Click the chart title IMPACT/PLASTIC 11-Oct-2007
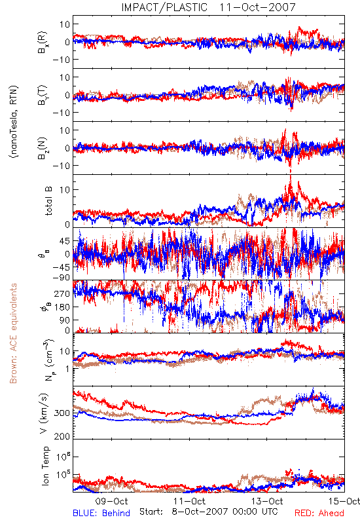tap(208, 7)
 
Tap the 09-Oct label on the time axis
tap(111, 501)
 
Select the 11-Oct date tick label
tap(189, 501)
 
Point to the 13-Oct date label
tap(267, 501)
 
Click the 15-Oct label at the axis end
tap(344, 501)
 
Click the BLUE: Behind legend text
tap(101, 513)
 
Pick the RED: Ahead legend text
tap(319, 513)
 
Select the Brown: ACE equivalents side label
tap(13, 333)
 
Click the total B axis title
tap(48, 201)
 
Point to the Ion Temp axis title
tap(46, 466)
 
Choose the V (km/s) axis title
tap(44, 413)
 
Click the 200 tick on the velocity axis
tap(62, 436)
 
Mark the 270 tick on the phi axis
tap(62, 293)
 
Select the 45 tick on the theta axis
tap(64, 241)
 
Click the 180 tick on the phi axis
tap(62, 307)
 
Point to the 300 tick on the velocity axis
tap(62, 413)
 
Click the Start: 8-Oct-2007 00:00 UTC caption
tap(208, 512)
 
